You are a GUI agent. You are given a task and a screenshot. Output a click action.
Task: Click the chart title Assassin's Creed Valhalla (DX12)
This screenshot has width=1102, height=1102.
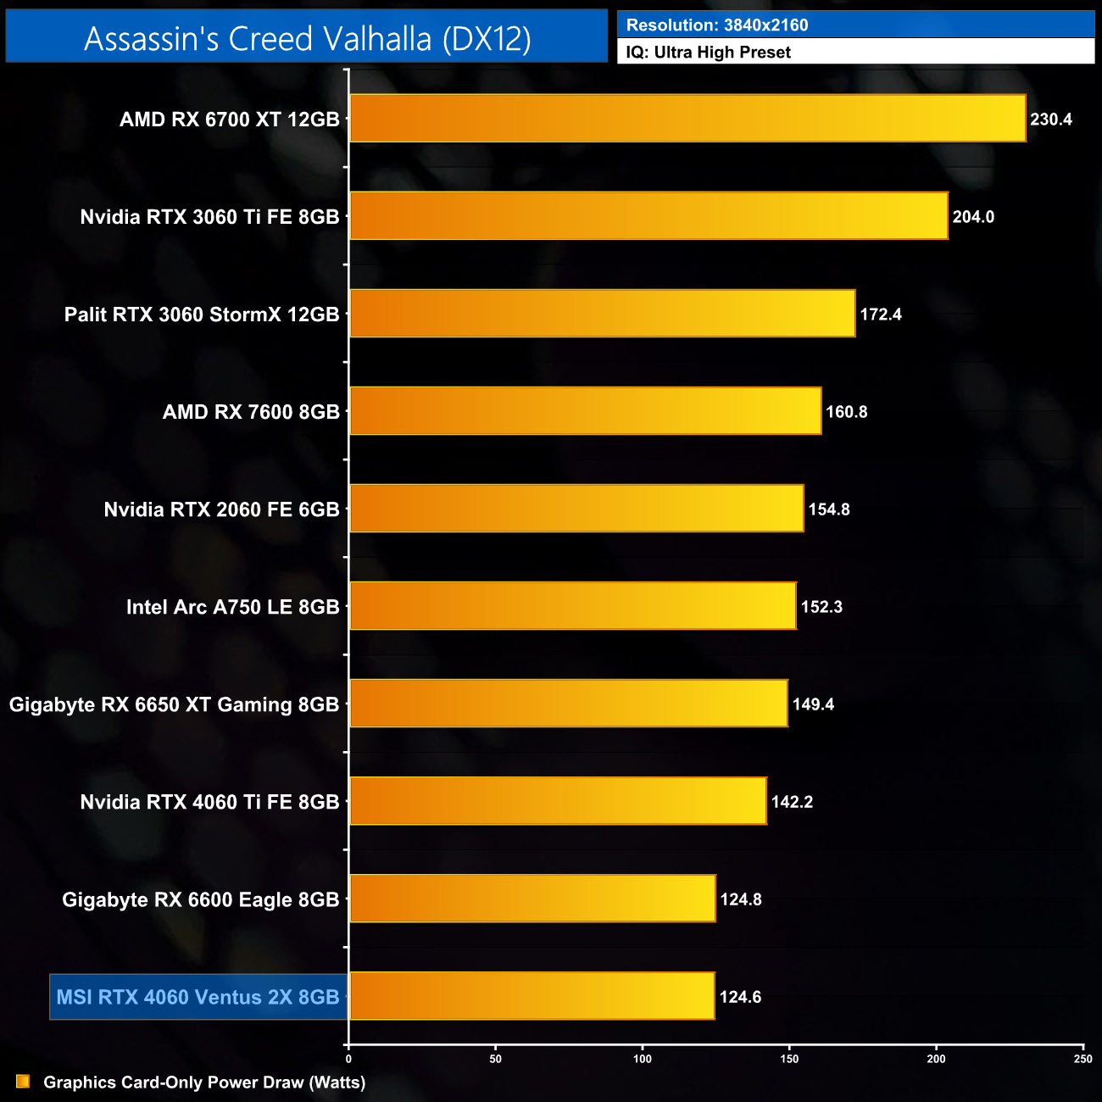(x=307, y=38)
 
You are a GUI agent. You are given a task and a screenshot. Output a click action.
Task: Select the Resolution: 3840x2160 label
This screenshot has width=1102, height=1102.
(x=716, y=25)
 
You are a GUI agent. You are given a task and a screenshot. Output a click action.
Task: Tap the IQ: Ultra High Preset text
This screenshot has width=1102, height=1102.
(x=708, y=53)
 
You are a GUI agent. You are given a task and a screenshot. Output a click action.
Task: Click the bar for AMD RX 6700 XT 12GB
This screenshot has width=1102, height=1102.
(x=687, y=119)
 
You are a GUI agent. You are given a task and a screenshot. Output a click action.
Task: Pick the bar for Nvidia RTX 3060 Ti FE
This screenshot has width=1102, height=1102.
(x=648, y=216)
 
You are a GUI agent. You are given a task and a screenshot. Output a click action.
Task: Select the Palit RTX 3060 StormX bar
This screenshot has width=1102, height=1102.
(x=602, y=314)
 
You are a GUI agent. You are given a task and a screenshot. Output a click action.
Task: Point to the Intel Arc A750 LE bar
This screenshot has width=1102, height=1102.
(x=572, y=606)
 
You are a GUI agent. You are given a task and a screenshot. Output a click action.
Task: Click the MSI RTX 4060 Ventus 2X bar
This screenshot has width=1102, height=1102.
(x=532, y=996)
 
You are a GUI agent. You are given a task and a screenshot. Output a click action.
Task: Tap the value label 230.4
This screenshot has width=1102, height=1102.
(x=1051, y=120)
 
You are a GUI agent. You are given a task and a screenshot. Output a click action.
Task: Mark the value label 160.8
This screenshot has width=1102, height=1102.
(x=846, y=412)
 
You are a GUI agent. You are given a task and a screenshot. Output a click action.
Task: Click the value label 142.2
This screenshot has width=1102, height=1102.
(x=792, y=802)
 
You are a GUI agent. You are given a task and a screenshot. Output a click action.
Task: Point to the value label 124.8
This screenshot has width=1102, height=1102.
(x=741, y=899)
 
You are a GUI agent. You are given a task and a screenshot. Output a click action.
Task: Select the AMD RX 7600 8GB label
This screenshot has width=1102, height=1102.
(x=251, y=412)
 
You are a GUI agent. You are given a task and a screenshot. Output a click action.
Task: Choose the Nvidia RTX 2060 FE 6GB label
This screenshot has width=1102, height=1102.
(x=221, y=509)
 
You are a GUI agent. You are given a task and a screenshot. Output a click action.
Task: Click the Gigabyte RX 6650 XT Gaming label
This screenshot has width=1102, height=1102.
(x=174, y=704)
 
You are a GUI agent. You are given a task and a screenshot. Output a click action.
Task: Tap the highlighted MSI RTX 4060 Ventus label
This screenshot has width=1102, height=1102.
(x=198, y=997)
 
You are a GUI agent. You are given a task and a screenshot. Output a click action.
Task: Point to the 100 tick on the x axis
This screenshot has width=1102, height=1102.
(x=643, y=1059)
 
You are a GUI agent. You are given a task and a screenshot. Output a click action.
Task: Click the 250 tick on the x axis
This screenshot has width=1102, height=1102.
(x=1083, y=1059)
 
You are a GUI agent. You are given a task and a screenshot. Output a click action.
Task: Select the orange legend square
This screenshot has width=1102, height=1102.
(x=23, y=1082)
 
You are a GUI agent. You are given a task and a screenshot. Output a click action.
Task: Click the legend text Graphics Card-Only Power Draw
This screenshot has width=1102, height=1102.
(x=204, y=1083)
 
